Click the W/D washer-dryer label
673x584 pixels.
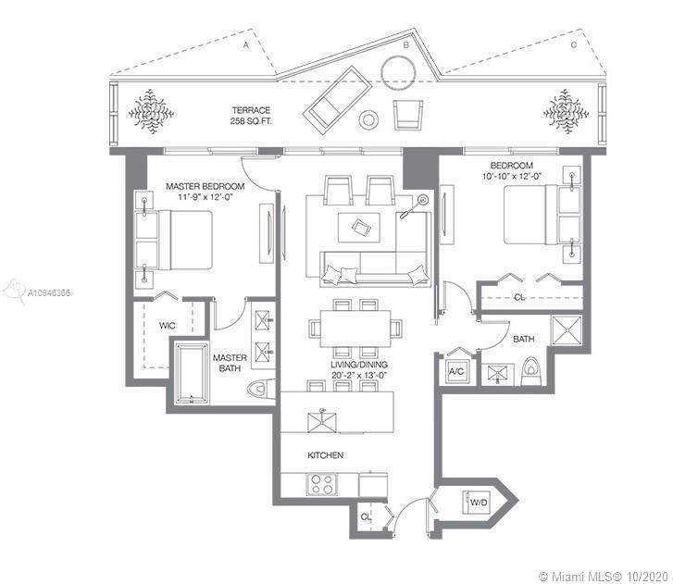coord(479,502)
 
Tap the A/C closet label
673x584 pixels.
coord(456,372)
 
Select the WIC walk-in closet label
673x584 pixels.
coord(167,326)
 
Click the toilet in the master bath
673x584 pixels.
coord(261,390)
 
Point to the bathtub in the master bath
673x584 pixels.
coord(193,373)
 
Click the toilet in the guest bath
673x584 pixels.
coord(532,372)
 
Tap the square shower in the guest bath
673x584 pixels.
coord(567,330)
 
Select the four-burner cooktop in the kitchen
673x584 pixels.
coord(322,484)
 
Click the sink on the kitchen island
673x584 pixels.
coord(322,421)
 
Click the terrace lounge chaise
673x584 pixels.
coord(337,100)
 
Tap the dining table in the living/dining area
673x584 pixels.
coord(355,329)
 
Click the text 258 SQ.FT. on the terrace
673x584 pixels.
coord(251,121)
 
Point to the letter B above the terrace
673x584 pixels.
coord(405,45)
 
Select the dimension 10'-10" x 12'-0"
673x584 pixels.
coord(512,176)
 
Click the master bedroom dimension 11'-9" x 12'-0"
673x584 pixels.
coord(206,197)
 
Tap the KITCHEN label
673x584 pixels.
coord(325,455)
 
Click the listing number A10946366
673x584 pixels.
coord(49,293)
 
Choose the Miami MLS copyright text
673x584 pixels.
coord(603,576)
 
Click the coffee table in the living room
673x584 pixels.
coord(359,228)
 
